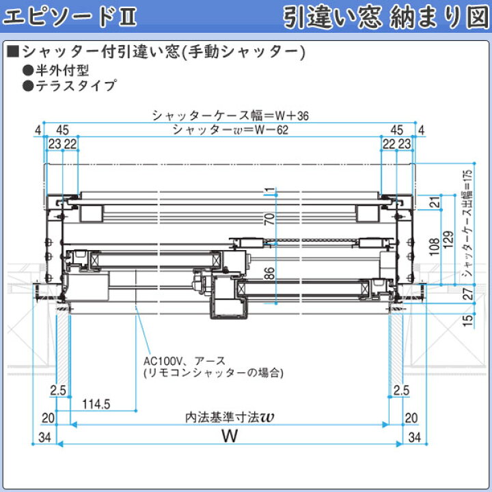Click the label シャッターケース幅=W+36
click(230, 115)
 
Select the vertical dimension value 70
click(270, 219)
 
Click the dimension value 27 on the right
click(467, 295)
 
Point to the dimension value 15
click(467, 319)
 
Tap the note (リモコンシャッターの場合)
click(213, 373)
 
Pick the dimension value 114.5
click(96, 404)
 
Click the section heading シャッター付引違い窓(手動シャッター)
click(161, 52)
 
